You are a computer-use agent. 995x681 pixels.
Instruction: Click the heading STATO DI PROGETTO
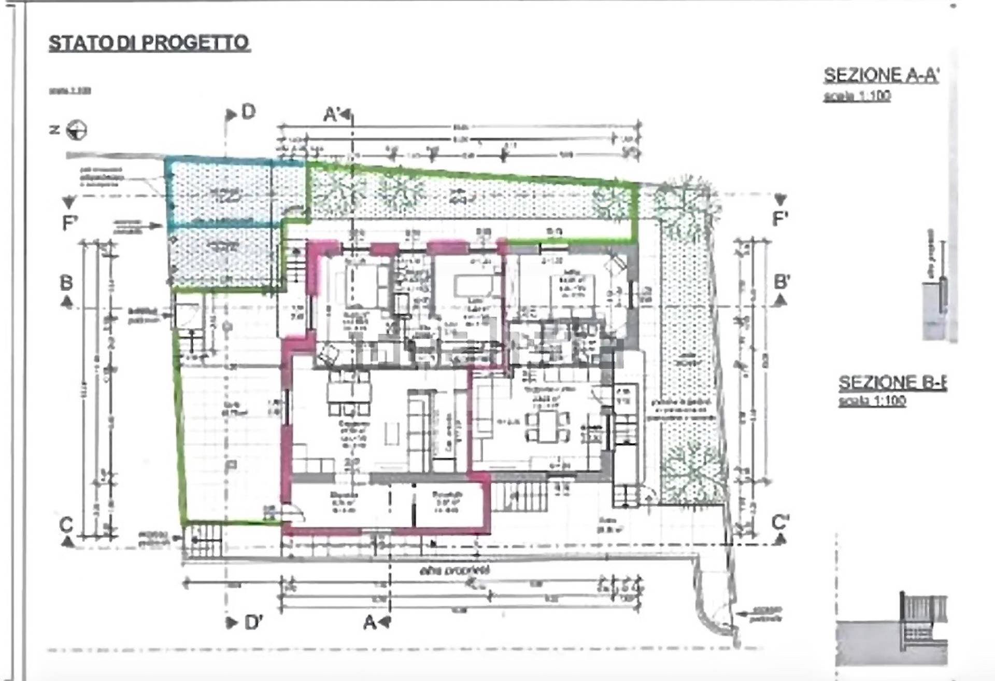[x=149, y=43]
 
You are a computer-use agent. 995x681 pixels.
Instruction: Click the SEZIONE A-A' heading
[x=880, y=76]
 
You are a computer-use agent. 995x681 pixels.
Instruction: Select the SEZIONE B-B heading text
[x=892, y=383]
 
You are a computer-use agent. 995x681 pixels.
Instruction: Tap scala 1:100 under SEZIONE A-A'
[x=857, y=96]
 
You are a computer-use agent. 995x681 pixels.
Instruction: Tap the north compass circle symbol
[x=77, y=130]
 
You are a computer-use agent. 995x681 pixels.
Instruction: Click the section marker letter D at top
[x=248, y=112]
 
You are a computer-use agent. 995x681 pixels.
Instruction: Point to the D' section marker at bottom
[x=253, y=622]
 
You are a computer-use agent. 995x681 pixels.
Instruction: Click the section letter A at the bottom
[x=369, y=622]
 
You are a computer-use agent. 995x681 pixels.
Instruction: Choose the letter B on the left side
[x=66, y=283]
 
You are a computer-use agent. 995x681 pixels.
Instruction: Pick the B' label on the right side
[x=781, y=283]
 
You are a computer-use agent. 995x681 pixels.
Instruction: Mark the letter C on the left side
[x=66, y=525]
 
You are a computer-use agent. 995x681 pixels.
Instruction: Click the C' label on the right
[x=780, y=522]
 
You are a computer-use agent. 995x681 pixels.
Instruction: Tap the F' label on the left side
[x=69, y=223]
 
